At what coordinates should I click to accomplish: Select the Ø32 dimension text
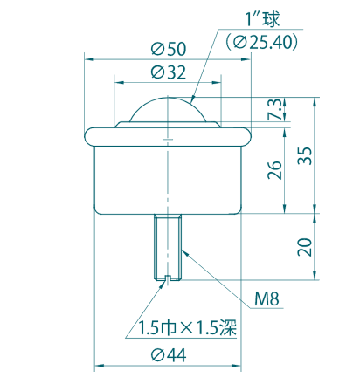pyautogui.click(x=168, y=72)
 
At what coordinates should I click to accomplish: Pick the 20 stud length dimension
pyautogui.click(x=303, y=246)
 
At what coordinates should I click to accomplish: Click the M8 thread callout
pyautogui.click(x=267, y=300)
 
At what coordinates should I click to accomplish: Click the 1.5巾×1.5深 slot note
pyautogui.click(x=188, y=328)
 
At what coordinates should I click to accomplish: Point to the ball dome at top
pyautogui.click(x=167, y=109)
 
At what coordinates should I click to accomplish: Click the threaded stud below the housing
pyautogui.click(x=167, y=244)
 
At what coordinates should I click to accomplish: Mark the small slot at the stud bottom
pyautogui.click(x=167, y=278)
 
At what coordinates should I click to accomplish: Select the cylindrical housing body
pyautogui.click(x=167, y=179)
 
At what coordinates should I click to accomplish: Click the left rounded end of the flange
pyautogui.click(x=89, y=135)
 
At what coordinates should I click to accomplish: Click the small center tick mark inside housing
pyautogui.click(x=167, y=141)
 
